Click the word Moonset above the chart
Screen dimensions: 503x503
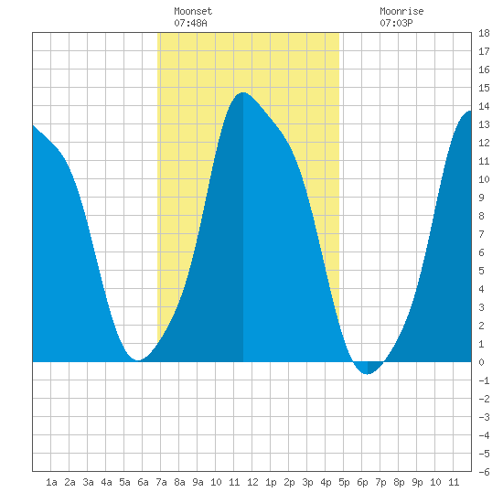(193, 11)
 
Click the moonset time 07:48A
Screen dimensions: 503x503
(190, 23)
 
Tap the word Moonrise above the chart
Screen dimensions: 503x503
(401, 11)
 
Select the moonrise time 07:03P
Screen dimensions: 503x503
(396, 23)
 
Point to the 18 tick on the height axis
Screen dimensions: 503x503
(484, 33)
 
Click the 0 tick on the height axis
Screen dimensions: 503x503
(481, 362)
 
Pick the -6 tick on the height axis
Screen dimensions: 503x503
(484, 472)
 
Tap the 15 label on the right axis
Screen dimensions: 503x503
(484, 88)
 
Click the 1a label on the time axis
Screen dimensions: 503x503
(51, 482)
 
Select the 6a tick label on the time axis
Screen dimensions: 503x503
(143, 482)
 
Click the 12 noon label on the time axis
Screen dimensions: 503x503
(252, 482)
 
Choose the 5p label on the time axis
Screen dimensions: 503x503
(344, 482)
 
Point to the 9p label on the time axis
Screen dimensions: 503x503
(417, 482)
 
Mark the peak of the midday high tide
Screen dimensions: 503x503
(243, 92)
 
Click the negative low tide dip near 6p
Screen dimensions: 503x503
(368, 374)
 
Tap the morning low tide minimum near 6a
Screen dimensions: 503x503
(138, 360)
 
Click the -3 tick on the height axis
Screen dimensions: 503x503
(484, 417)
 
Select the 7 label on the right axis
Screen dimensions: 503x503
(481, 234)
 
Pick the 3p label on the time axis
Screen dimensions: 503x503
(307, 482)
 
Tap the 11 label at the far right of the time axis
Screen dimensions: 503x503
(454, 482)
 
